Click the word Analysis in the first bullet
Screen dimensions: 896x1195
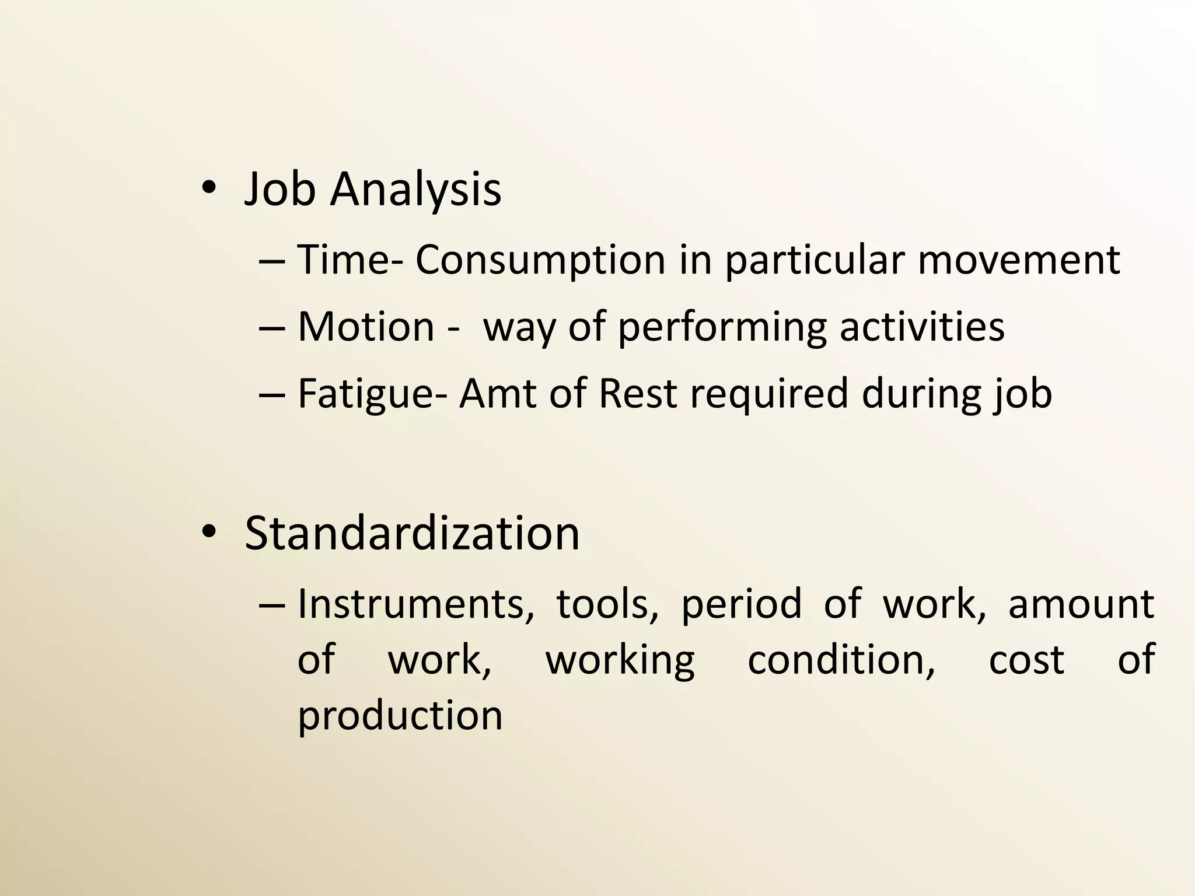click(415, 190)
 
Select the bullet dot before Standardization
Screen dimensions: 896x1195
click(208, 531)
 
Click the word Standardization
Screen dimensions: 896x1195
click(412, 533)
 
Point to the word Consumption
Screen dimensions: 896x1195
click(540, 260)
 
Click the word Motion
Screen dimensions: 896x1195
click(366, 327)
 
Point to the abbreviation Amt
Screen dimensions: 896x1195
click(497, 394)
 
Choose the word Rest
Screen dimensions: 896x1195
click(637, 394)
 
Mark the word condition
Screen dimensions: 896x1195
click(841, 660)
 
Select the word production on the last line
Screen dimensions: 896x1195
click(400, 716)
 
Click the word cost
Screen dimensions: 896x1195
click(1026, 660)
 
